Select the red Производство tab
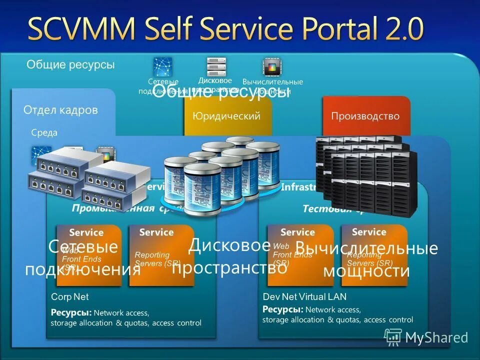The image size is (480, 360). [365, 116]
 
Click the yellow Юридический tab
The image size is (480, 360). [227, 116]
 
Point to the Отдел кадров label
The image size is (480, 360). [60, 110]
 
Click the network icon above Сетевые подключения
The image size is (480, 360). [163, 66]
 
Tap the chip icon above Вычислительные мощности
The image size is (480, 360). [272, 67]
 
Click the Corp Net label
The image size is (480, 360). [69, 297]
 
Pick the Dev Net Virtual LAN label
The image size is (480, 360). [304, 297]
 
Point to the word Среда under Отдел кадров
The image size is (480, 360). [44, 132]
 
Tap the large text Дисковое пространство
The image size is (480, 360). [229, 256]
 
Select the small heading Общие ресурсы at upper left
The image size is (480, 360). [70, 64]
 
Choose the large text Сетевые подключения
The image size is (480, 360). [83, 258]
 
